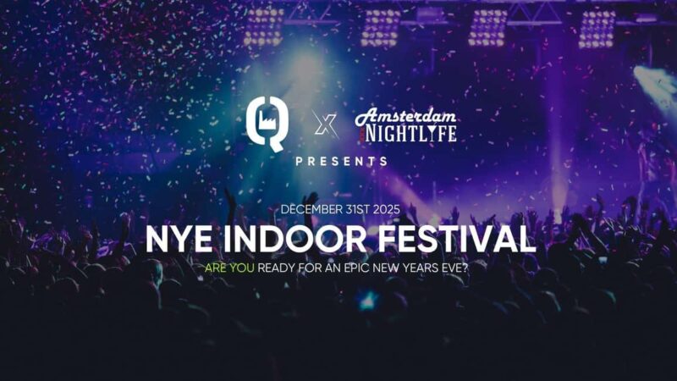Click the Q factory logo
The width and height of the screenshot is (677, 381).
pyautogui.click(x=265, y=121)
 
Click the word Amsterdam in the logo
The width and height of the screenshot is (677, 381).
pyautogui.click(x=406, y=115)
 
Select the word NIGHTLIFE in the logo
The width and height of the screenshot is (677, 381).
pyautogui.click(x=416, y=133)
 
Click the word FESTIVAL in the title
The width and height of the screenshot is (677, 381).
pyautogui.click(x=460, y=239)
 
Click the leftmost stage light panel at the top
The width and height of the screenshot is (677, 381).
pyautogui.click(x=264, y=28)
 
